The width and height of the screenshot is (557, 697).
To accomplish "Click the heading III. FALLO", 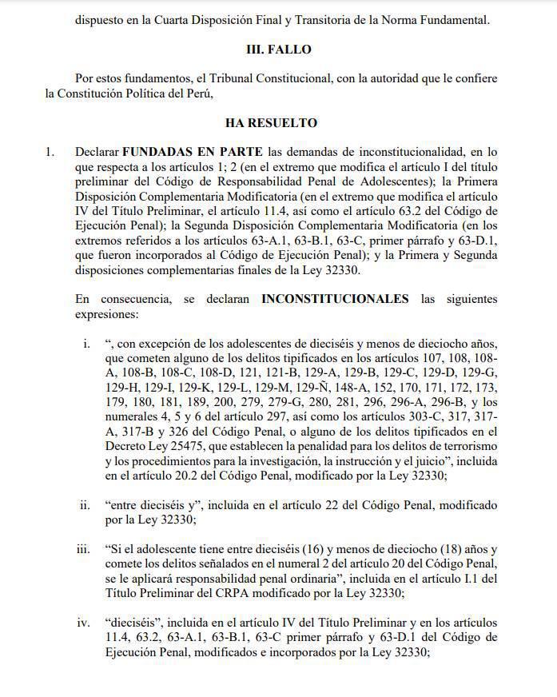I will [x=278, y=50].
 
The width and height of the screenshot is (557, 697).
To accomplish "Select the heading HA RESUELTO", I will [x=272, y=123].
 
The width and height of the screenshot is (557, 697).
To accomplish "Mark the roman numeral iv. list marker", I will [x=84, y=623].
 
